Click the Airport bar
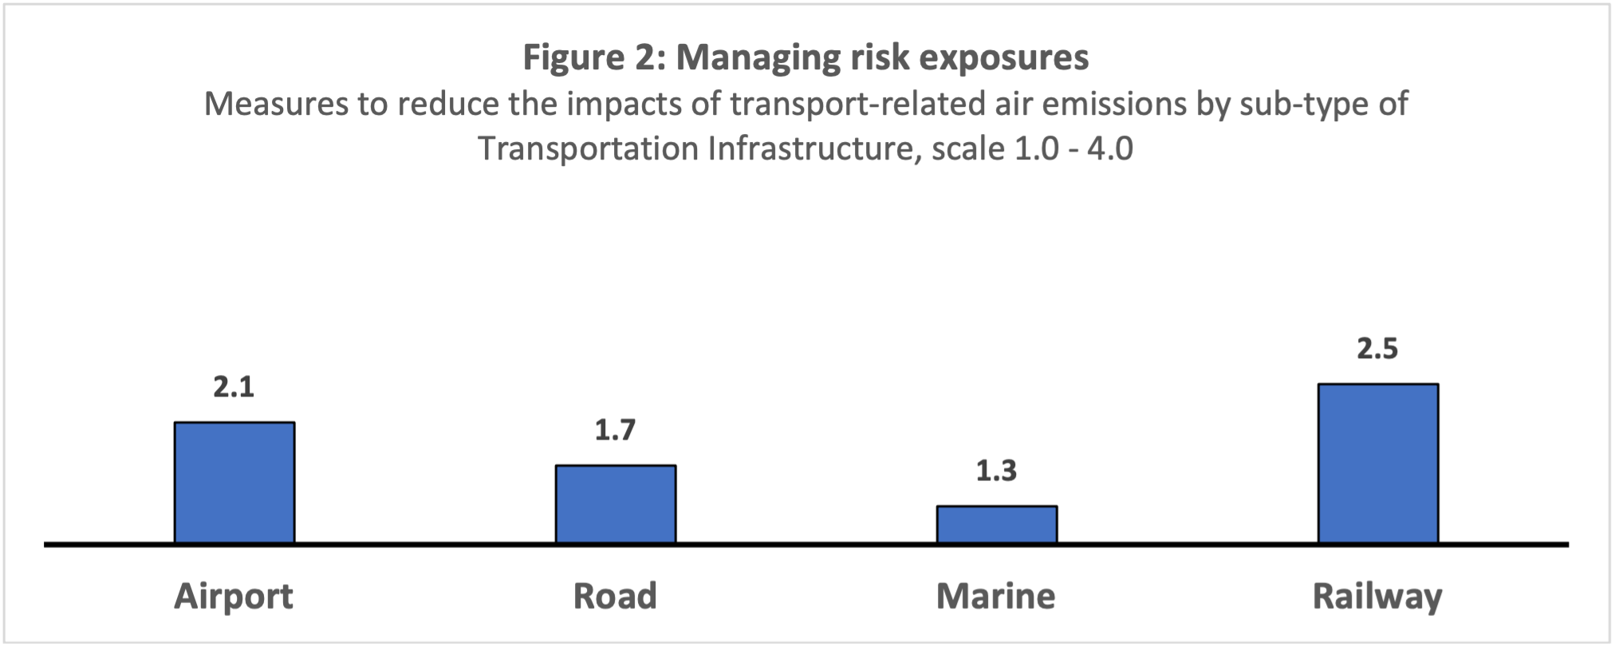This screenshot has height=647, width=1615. click(234, 483)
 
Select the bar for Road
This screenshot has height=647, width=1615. click(616, 504)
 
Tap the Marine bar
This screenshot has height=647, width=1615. click(997, 524)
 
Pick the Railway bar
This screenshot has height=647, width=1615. click(1378, 464)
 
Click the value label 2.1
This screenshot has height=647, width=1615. click(234, 387)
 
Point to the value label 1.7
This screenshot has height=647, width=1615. click(615, 430)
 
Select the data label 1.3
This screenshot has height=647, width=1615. click(996, 471)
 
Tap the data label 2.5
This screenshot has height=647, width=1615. click(1377, 349)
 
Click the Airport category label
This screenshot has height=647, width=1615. click(234, 597)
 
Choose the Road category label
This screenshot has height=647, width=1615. click(615, 597)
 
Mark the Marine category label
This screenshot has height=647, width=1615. click(995, 597)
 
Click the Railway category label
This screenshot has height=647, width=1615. click(1377, 597)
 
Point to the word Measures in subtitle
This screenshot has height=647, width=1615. click(276, 104)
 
